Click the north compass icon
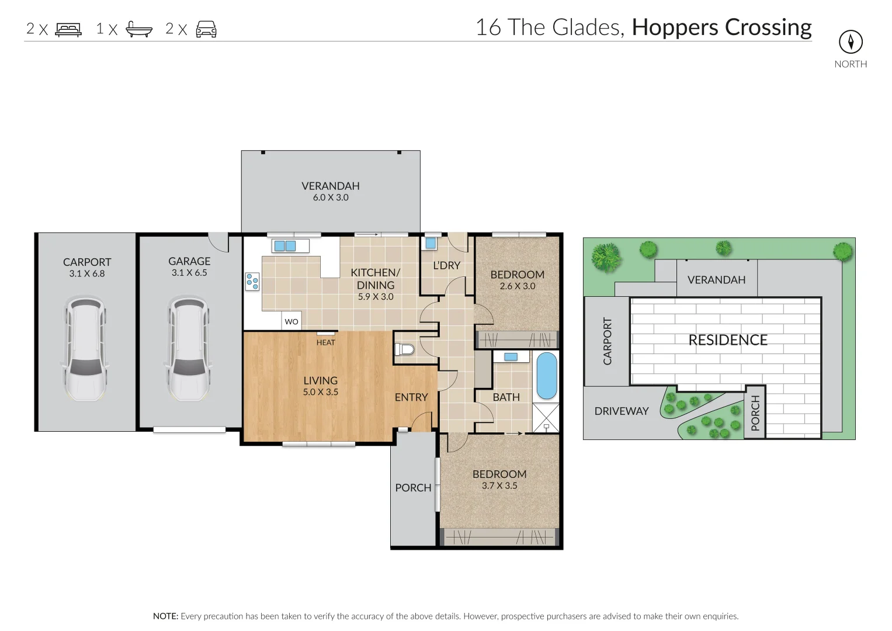[851, 41]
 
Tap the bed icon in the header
[68, 29]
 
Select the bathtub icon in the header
[139, 29]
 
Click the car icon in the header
[206, 29]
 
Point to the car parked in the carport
[86, 349]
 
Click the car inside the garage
[189, 349]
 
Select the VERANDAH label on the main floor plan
[330, 186]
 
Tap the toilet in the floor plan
[405, 350]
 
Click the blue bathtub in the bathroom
[546, 375]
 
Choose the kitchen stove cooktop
[252, 282]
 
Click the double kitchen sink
[284, 245]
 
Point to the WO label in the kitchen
[291, 321]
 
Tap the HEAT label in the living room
[325, 342]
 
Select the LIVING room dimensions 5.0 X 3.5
[320, 392]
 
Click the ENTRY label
[411, 397]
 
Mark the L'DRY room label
[446, 265]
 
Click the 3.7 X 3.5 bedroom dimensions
[499, 486]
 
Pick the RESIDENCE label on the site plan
[727, 340]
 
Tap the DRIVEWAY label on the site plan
[621, 411]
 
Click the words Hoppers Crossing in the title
[721, 27]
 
